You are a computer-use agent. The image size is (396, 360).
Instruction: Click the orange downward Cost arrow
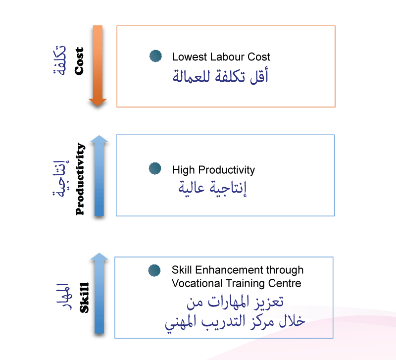[x=98, y=64]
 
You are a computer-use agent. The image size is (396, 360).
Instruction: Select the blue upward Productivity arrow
[x=99, y=176]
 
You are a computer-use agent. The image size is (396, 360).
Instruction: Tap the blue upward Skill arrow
[x=99, y=295]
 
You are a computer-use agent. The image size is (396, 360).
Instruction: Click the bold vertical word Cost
[x=79, y=61]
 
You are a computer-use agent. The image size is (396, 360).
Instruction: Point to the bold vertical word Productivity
[x=80, y=179]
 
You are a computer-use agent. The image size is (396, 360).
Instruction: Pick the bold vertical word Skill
[x=84, y=298]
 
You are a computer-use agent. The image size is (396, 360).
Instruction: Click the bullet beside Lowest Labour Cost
[x=155, y=56]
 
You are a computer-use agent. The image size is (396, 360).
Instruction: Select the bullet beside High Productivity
[x=155, y=169]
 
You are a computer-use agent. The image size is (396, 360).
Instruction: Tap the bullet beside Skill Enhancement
[x=154, y=270]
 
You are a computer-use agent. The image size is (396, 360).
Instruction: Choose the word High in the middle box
[x=183, y=170]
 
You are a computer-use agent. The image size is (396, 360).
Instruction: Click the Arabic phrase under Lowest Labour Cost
[x=221, y=77]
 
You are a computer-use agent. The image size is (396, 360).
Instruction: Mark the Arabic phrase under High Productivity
[x=212, y=189]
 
